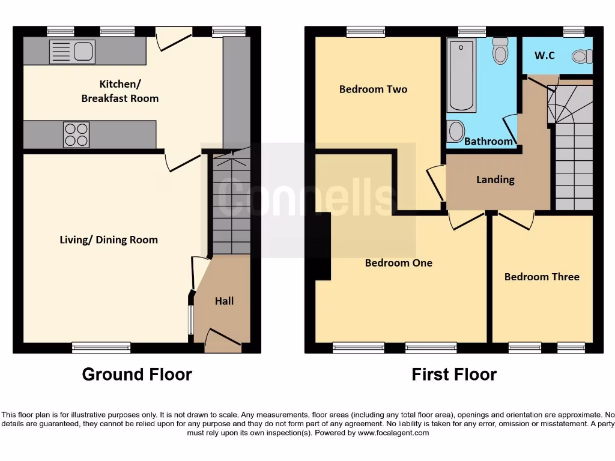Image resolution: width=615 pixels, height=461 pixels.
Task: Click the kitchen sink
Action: pyautogui.click(x=72, y=52)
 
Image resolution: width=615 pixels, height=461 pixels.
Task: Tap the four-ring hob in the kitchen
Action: pyautogui.click(x=76, y=134)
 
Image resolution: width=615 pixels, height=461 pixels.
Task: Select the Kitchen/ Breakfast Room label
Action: pyautogui.click(x=120, y=91)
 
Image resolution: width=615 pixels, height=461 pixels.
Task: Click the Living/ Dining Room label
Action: pyautogui.click(x=109, y=240)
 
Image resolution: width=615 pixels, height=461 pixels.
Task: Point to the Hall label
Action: pyautogui.click(x=224, y=301)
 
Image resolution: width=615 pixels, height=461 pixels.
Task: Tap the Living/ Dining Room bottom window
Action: pyautogui.click(x=101, y=347)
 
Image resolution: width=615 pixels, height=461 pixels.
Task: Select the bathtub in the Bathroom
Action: pyautogui.click(x=462, y=75)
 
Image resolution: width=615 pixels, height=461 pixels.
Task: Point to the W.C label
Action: pyautogui.click(x=545, y=55)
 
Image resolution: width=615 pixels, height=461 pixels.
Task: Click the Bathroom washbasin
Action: pyautogui.click(x=456, y=131)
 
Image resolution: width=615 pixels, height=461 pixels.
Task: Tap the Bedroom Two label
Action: pyautogui.click(x=373, y=89)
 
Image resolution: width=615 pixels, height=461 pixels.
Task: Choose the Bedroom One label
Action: pyautogui.click(x=398, y=262)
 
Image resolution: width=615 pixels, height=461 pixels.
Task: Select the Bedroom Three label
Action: pyautogui.click(x=542, y=277)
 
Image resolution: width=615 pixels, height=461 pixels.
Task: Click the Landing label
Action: pyautogui.click(x=495, y=179)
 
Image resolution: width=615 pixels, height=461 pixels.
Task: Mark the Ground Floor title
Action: pyautogui.click(x=137, y=375)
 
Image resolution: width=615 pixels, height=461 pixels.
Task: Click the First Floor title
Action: pyautogui.click(x=453, y=375)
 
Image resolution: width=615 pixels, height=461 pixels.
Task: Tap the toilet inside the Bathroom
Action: pyautogui.click(x=500, y=52)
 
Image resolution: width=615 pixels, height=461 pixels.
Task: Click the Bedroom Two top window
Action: pyautogui.click(x=366, y=32)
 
